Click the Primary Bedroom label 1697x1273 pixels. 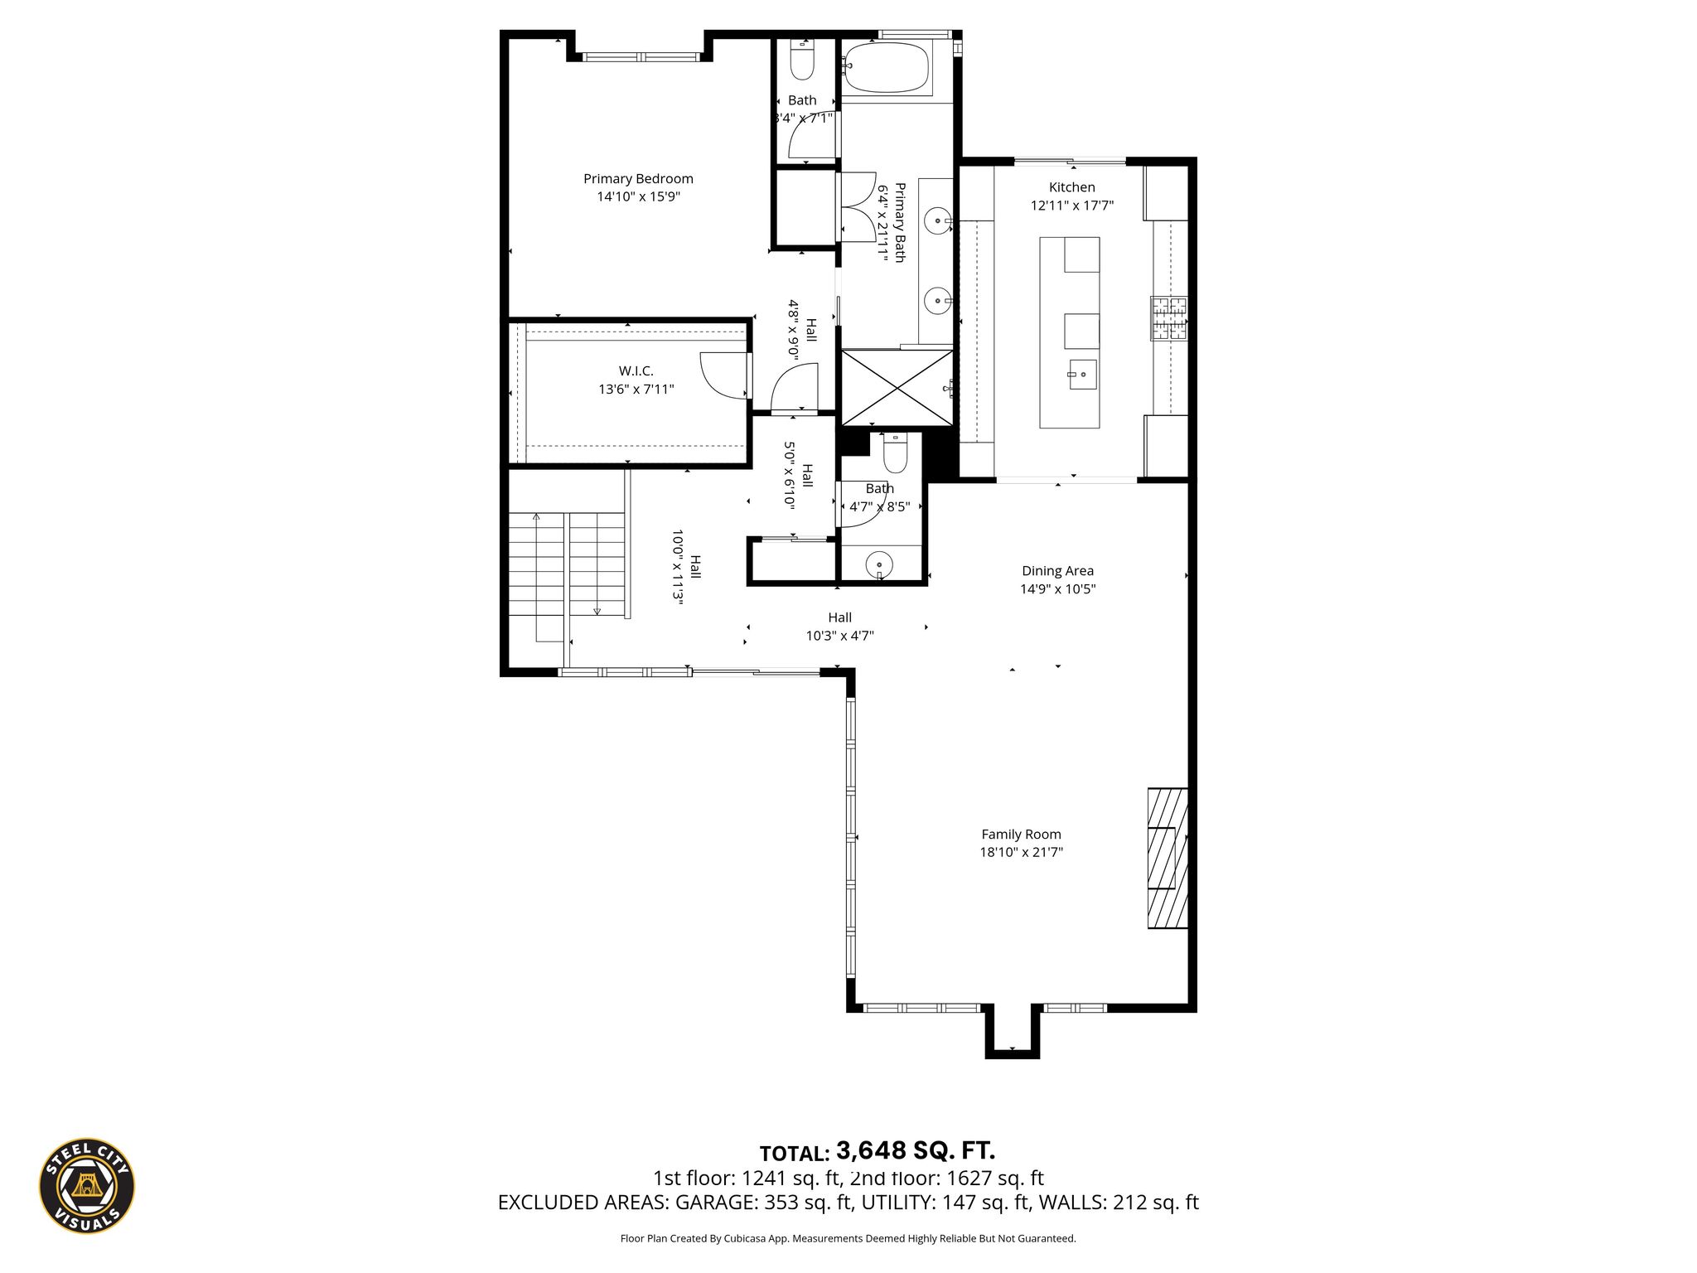click(x=638, y=179)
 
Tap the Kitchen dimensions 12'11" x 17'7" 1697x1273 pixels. click(x=1071, y=206)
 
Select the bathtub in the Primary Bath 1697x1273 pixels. click(x=887, y=68)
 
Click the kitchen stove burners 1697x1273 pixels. click(x=1168, y=318)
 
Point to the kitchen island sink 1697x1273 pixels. click(x=1082, y=375)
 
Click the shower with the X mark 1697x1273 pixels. click(x=897, y=387)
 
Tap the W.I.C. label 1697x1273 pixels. click(x=636, y=371)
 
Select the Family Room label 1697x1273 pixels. click(x=1021, y=835)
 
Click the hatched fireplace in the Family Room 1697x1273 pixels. click(x=1168, y=858)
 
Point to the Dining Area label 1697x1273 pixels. click(x=1057, y=571)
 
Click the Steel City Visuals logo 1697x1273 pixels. click(x=87, y=1185)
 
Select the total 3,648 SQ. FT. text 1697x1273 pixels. click(x=878, y=1151)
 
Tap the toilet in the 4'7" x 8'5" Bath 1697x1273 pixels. click(x=895, y=452)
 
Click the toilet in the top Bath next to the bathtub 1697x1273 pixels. click(x=803, y=60)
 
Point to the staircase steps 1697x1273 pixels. click(x=568, y=564)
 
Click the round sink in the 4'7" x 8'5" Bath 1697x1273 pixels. click(x=879, y=564)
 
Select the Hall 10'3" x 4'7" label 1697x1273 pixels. click(x=840, y=627)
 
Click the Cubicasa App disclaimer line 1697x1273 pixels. click(x=848, y=1239)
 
